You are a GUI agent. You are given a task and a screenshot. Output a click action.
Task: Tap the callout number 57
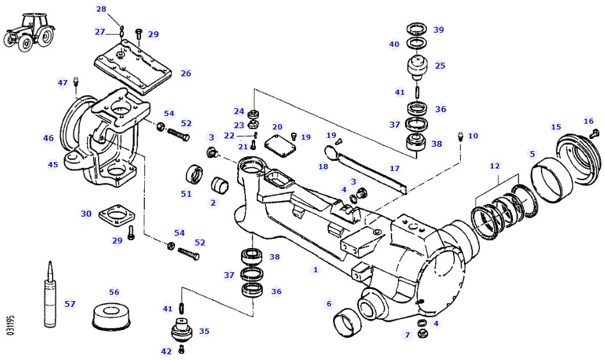[70, 304]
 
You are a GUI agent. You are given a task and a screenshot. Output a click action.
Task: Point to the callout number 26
[186, 74]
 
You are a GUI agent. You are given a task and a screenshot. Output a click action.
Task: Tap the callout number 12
[495, 166]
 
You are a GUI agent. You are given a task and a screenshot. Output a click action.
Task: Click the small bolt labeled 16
[594, 133]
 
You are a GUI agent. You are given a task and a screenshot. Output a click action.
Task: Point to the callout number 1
[315, 270]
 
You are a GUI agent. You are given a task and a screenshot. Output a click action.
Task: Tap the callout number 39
[438, 29]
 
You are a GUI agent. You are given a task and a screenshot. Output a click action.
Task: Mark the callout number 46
[49, 138]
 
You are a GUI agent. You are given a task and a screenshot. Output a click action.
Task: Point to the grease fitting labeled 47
[77, 81]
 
